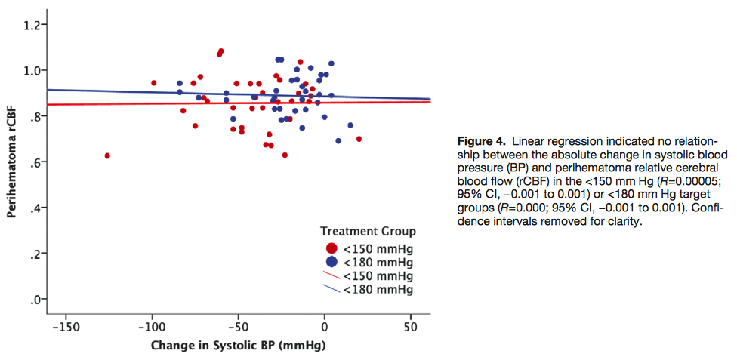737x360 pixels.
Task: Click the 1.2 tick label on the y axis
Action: (x=32, y=25)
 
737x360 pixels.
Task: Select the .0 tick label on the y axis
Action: (x=35, y=300)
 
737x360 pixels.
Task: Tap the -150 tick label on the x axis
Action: (x=65, y=328)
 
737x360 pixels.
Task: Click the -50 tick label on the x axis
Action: (x=238, y=328)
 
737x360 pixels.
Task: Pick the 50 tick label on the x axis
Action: (x=410, y=328)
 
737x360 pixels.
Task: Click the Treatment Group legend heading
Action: (x=368, y=231)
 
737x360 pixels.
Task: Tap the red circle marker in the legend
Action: (x=331, y=248)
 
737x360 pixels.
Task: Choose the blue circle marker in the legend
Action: (x=331, y=262)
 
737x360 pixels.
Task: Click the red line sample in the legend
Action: (x=331, y=276)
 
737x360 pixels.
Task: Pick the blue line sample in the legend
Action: (x=331, y=289)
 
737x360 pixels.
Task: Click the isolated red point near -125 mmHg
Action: (x=107, y=155)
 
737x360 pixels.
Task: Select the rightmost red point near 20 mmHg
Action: (x=359, y=139)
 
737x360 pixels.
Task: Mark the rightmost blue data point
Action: (x=350, y=125)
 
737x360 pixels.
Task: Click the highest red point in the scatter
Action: (x=221, y=51)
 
